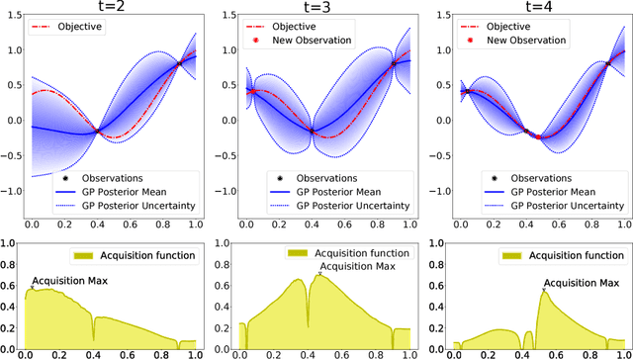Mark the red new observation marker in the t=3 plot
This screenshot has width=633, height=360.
tap(250, 90)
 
